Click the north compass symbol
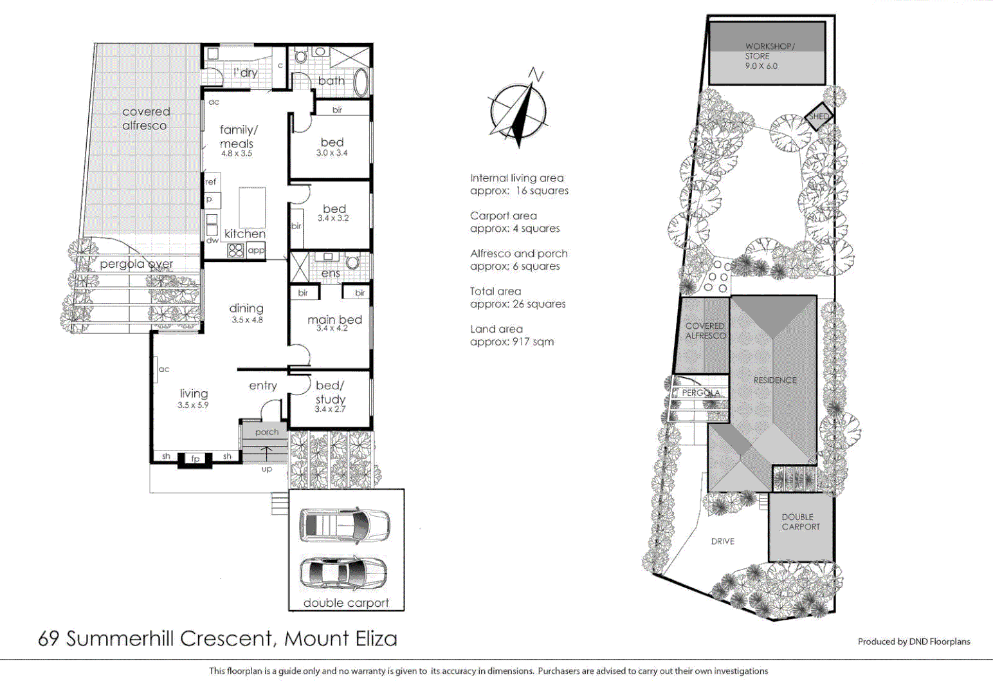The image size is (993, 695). [519, 109]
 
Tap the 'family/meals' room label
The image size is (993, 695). [237, 136]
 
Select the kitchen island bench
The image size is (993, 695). [252, 207]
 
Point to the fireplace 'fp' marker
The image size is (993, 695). [195, 459]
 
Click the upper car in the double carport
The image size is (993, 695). [344, 524]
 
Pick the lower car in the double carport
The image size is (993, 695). [344, 571]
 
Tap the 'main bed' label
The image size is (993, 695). [334, 320]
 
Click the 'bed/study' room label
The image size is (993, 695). [330, 393]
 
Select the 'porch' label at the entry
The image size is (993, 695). [267, 432]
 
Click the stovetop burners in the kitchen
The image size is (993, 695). [236, 250]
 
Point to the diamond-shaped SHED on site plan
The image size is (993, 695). [819, 116]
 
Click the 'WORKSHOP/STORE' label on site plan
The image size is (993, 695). [769, 51]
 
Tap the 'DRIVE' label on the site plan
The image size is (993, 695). [723, 541]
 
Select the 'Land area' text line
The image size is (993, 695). [496, 329]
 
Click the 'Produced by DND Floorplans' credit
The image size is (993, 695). [913, 641]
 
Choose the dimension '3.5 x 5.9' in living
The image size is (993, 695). [193, 405]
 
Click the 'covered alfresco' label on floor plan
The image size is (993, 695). [145, 118]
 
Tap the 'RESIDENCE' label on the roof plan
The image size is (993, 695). [775, 380]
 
